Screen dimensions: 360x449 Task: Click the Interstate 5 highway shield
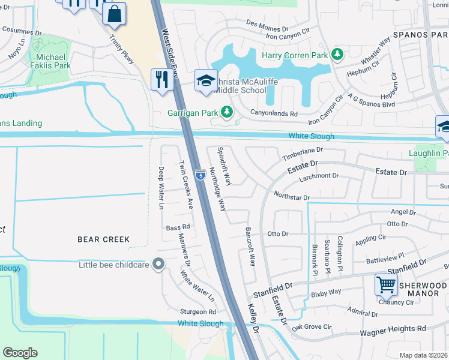[x=200, y=175]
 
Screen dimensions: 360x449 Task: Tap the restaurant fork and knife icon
[x=160, y=80]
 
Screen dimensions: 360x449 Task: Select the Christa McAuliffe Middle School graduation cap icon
[x=205, y=81]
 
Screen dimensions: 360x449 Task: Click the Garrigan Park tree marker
[x=227, y=112]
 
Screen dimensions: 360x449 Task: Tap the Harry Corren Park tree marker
[x=337, y=56]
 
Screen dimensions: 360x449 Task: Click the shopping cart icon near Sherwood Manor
[x=385, y=284]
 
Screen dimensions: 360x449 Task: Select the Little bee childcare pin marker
[x=158, y=264]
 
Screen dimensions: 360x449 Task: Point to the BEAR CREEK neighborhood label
[x=103, y=239]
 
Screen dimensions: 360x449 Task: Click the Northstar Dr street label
[x=291, y=196]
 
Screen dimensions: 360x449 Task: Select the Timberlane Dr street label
[x=303, y=154]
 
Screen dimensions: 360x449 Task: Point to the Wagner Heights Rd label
[x=393, y=329]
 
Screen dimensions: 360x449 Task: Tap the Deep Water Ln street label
[x=161, y=188]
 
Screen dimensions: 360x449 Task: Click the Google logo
[x=20, y=353]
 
